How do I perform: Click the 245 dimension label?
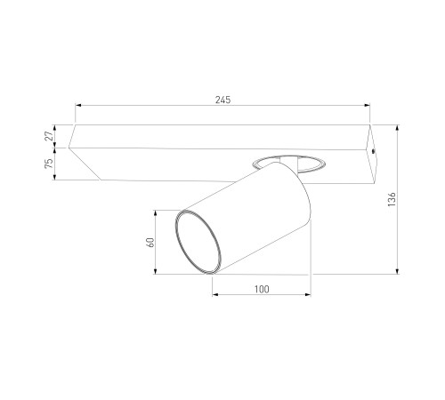(x=222, y=100)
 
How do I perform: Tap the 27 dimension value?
(x=49, y=136)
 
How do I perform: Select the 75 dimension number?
(x=49, y=164)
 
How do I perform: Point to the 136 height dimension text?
(x=392, y=199)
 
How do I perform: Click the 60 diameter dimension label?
(x=150, y=243)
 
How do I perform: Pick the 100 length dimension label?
(x=262, y=289)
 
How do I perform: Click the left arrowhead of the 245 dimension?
(x=78, y=105)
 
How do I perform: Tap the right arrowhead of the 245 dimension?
(x=367, y=105)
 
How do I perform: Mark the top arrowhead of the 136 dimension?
(x=398, y=128)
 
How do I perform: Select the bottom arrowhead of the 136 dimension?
(x=398, y=271)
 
